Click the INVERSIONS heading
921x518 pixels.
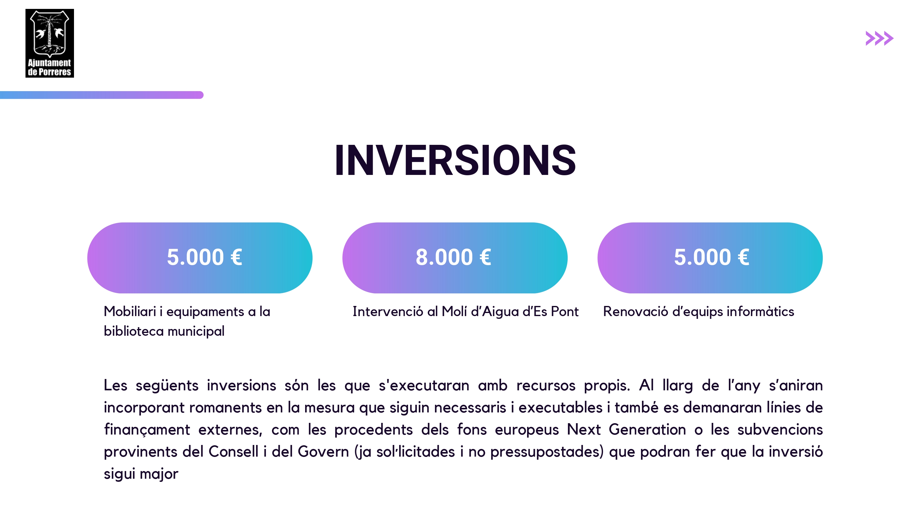tap(455, 160)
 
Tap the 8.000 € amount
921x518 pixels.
tap(453, 257)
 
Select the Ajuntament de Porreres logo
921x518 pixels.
tap(50, 43)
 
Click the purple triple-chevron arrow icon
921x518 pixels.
tap(879, 38)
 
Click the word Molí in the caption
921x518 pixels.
tap(454, 311)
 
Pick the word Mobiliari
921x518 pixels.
tap(130, 311)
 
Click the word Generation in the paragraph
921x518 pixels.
tap(647, 429)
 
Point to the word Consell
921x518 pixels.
tap(233, 451)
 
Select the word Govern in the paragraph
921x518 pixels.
tap(323, 451)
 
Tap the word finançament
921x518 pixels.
tap(147, 430)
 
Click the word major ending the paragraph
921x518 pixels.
tap(159, 474)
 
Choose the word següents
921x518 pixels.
tap(167, 386)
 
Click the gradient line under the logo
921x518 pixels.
tap(102, 95)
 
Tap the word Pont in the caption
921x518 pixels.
tap(565, 311)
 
